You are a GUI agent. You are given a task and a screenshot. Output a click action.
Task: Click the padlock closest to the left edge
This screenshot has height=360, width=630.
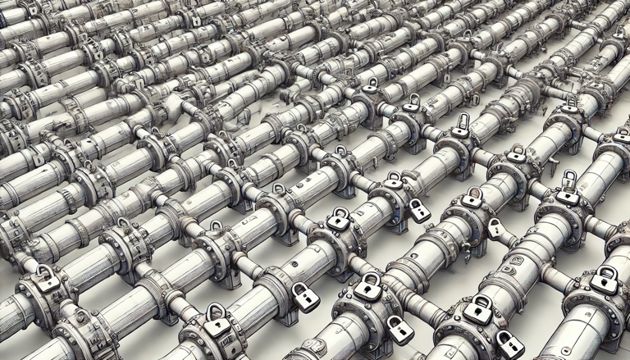pos(47,279)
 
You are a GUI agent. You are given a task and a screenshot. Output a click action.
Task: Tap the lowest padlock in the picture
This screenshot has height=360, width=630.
pos(399,330)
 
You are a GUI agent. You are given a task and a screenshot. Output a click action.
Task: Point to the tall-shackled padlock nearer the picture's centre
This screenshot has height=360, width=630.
pos(462,126)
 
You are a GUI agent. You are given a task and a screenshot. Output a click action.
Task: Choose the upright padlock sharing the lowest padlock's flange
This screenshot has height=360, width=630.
pos(367,287)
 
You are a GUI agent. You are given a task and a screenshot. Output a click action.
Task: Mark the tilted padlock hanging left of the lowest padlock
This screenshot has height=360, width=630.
pos(305,296)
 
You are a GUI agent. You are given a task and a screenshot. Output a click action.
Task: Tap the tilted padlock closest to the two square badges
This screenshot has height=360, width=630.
pos(496,229)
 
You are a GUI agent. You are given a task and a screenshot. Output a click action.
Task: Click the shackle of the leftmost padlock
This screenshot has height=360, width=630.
pos(45,269)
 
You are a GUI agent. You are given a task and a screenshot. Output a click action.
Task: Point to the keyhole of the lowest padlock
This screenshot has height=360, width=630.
pos(400,333)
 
